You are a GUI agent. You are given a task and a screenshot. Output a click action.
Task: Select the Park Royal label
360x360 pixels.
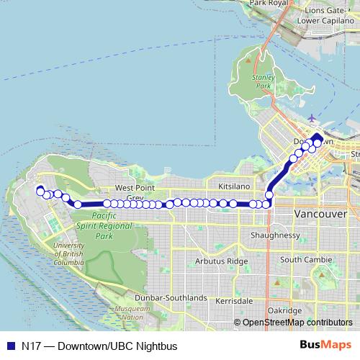point(268,3)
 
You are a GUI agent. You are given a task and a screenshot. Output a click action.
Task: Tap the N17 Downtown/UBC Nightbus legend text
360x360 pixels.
point(99,346)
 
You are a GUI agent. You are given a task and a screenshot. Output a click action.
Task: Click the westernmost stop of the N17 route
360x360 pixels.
point(40,191)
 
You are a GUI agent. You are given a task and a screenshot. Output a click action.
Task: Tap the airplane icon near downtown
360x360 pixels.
point(310,118)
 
